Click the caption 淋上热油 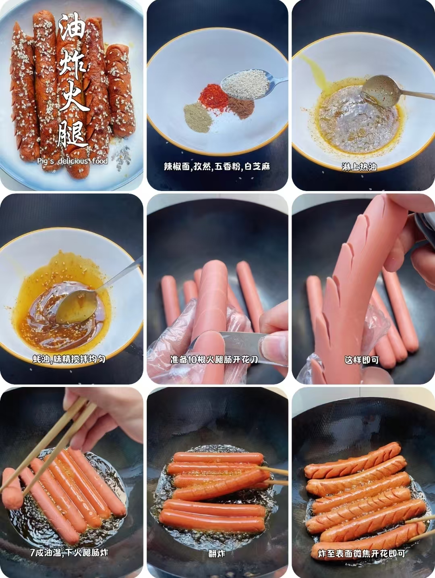[x=359, y=167]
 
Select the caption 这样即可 [x=362, y=360]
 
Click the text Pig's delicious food [x=72, y=161]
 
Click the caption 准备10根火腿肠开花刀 [x=214, y=360]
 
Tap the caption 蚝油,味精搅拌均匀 [x=69, y=359]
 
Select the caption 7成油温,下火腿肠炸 [x=69, y=552]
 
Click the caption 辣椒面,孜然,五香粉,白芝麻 [x=217, y=167]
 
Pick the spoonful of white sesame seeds [x=245, y=84]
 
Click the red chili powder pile [x=213, y=97]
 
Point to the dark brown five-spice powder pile [x=241, y=108]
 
